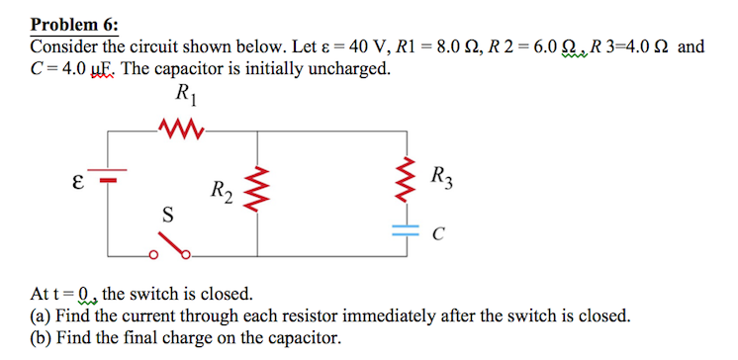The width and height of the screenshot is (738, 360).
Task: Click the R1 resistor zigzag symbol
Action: coord(182,127)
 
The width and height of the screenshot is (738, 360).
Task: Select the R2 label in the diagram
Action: coord(223,192)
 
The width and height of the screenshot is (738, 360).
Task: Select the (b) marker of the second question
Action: coord(42,339)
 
